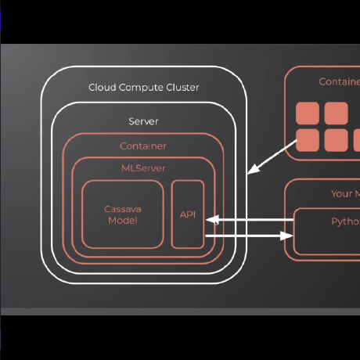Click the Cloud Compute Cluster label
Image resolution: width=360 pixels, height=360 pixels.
pyautogui.click(x=143, y=87)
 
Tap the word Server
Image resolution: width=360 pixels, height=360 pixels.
pyautogui.click(x=143, y=121)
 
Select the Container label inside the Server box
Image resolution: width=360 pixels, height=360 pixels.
pyautogui.click(x=143, y=146)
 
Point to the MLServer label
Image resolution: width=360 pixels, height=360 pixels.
pyautogui.click(x=143, y=167)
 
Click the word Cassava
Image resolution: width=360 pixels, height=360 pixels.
pyautogui.click(x=121, y=209)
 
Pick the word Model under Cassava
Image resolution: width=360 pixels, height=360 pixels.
pyautogui.click(x=121, y=221)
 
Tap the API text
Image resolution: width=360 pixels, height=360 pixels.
pyautogui.click(x=187, y=214)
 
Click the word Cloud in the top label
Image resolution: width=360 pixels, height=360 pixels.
pyautogui.click(x=102, y=87)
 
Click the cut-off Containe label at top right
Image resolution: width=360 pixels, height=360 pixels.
pyautogui.click(x=339, y=81)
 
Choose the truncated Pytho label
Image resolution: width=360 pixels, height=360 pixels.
pyautogui.click(x=345, y=221)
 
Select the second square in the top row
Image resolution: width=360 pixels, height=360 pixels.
pyautogui.click(x=336, y=114)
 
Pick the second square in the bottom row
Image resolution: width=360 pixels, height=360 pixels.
pyautogui.click(x=336, y=140)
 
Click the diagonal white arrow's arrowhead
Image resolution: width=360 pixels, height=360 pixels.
pyautogui.click(x=251, y=171)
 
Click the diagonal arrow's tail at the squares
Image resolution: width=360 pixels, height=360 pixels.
pyautogui.click(x=296, y=141)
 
